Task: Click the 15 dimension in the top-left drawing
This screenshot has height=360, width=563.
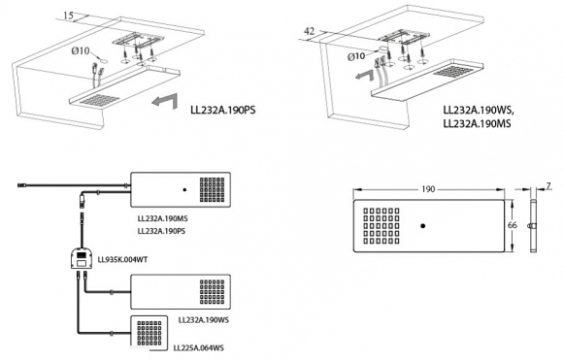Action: pos(68,16)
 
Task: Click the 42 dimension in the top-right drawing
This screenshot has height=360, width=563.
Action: pos(309,31)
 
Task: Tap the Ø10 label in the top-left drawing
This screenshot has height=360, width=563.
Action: pos(80,51)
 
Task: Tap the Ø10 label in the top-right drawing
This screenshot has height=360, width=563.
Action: pos(356,56)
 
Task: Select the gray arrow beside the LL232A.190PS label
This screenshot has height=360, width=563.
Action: pos(165,101)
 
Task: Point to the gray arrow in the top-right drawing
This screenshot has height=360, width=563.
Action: pos(366,75)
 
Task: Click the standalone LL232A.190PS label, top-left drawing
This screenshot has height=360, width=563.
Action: pos(223,110)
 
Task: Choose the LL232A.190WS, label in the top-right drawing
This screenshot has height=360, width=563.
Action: pos(479,111)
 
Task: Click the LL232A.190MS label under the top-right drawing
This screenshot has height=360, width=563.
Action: pos(477,123)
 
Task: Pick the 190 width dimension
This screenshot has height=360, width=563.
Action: pos(428,189)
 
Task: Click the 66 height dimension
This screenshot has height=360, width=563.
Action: pos(513,225)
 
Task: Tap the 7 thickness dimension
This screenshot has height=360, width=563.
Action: pos(548,186)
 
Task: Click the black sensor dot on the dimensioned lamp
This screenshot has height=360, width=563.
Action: pos(423,226)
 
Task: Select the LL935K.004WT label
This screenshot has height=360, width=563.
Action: pos(122,259)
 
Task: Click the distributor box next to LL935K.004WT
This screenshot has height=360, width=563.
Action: pos(81,259)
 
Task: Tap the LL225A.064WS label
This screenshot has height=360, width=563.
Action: pos(199,347)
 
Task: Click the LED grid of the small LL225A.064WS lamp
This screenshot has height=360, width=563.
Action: pos(149,333)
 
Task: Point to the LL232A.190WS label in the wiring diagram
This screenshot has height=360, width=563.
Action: pos(204,320)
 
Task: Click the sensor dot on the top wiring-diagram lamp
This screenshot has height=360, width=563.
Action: pos(184,189)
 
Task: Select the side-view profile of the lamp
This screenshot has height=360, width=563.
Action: pos(533,226)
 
